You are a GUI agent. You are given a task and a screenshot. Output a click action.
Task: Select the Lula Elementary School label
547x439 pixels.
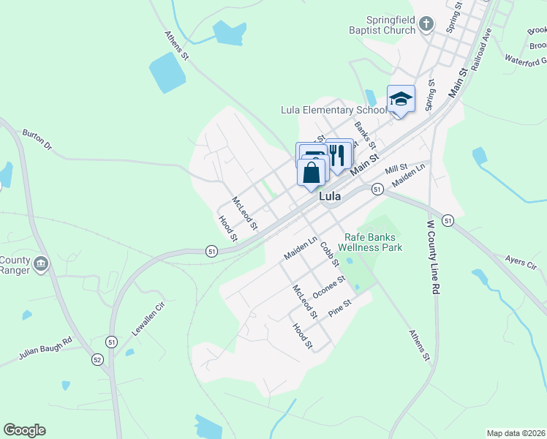pyautogui.click(x=333, y=110)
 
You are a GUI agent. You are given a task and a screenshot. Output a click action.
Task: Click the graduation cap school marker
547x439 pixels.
pyautogui.click(x=401, y=99)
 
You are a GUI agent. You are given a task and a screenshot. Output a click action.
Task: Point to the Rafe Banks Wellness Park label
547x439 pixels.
pyautogui.click(x=374, y=242)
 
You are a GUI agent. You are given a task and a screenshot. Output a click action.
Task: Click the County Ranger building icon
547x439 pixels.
pyautogui.click(x=41, y=263)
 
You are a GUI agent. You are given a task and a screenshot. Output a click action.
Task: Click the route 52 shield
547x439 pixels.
pyautogui.click(x=97, y=359)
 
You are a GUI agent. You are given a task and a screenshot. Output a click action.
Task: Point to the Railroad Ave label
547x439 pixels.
pyautogui.click(x=480, y=49)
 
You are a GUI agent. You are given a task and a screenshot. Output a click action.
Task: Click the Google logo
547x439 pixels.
pyautogui.click(x=25, y=430)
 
